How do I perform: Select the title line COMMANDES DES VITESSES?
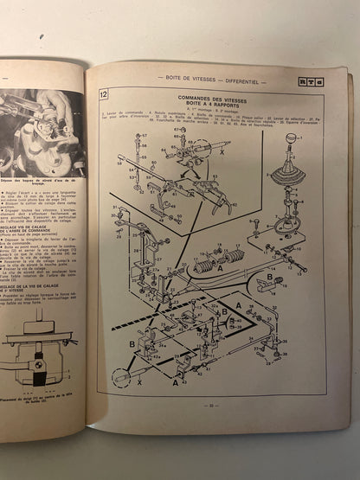pyautogui.click(x=211, y=99)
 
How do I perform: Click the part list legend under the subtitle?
pyautogui.click(x=211, y=119)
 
